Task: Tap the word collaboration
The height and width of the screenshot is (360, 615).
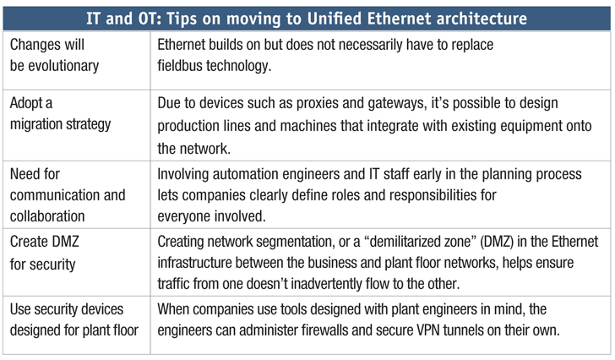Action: tap(47, 216)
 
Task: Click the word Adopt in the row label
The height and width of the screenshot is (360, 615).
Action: tap(25, 103)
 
